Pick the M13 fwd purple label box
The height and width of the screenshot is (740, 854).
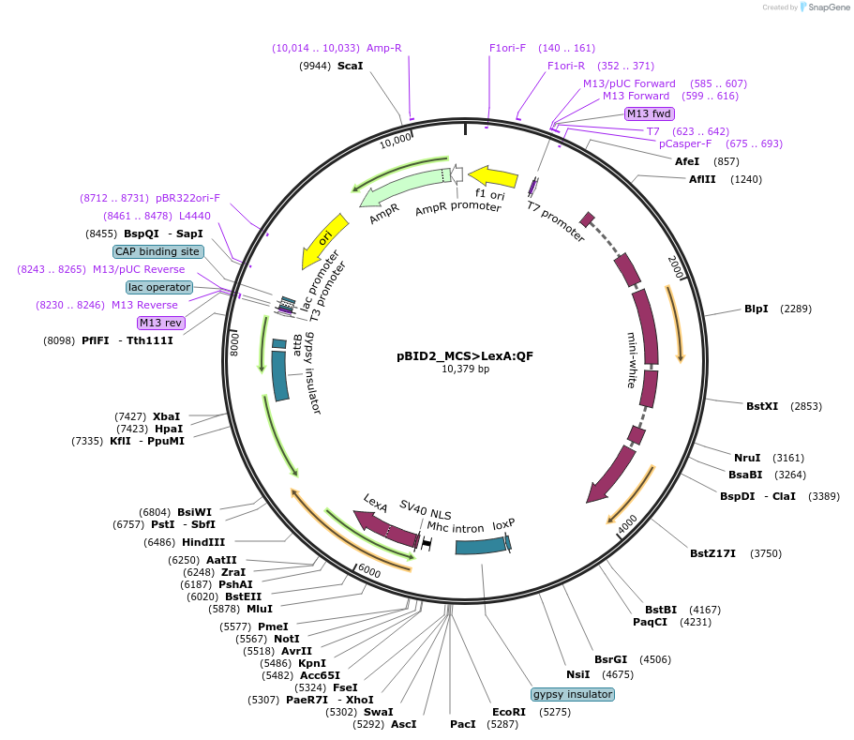pyautogui.click(x=649, y=113)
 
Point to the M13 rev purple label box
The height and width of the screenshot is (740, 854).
pyautogui.click(x=160, y=323)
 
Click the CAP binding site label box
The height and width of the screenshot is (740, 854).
pyautogui.click(x=157, y=251)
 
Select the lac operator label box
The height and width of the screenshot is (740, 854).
pyautogui.click(x=159, y=287)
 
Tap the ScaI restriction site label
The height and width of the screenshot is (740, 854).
pyautogui.click(x=350, y=66)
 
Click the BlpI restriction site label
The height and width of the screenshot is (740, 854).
pyautogui.click(x=757, y=309)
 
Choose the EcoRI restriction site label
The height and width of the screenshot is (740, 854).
pyautogui.click(x=509, y=712)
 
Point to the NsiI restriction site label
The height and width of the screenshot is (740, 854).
pyautogui.click(x=578, y=673)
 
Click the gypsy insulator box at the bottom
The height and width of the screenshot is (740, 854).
pyautogui.click(x=572, y=694)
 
